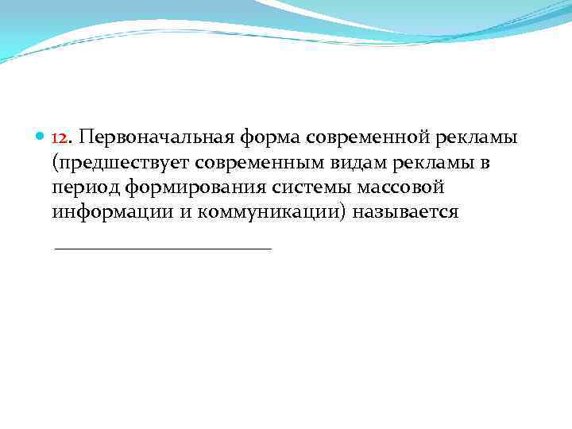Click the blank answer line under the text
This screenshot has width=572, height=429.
click(163, 249)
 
